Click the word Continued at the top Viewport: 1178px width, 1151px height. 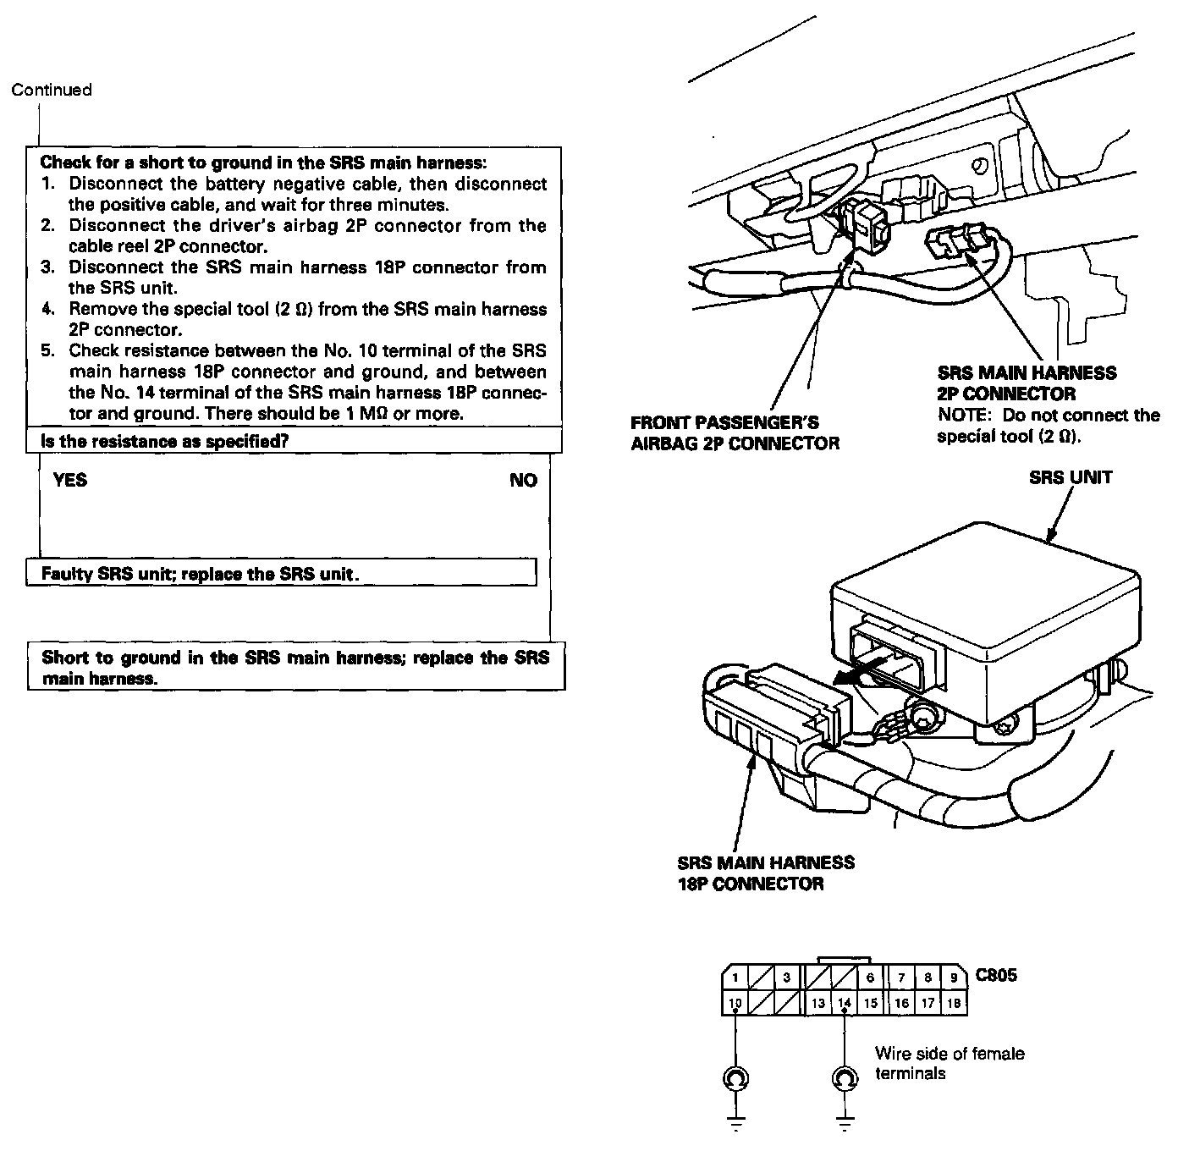click(52, 90)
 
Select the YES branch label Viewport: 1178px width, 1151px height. click(70, 481)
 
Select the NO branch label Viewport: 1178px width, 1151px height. click(524, 481)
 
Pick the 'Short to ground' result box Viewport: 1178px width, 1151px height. click(295, 668)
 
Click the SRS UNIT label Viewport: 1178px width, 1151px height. click(1071, 477)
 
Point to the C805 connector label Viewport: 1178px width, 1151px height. click(996, 975)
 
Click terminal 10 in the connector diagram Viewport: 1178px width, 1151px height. click(735, 1004)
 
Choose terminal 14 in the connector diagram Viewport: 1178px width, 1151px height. click(844, 1004)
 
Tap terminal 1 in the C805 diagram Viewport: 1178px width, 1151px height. click(735, 978)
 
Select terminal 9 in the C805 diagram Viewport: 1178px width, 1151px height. click(954, 978)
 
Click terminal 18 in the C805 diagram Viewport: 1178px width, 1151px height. click(954, 1004)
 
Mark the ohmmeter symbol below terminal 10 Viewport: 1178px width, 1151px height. click(735, 1078)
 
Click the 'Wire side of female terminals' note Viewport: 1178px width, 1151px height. click(949, 1063)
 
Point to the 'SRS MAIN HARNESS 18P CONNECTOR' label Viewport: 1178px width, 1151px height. click(766, 873)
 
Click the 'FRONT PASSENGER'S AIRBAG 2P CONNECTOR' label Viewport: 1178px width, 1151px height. click(735, 432)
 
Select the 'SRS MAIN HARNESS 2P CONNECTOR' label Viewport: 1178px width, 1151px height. click(1027, 383)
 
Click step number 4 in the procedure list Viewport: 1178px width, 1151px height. click(48, 310)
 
